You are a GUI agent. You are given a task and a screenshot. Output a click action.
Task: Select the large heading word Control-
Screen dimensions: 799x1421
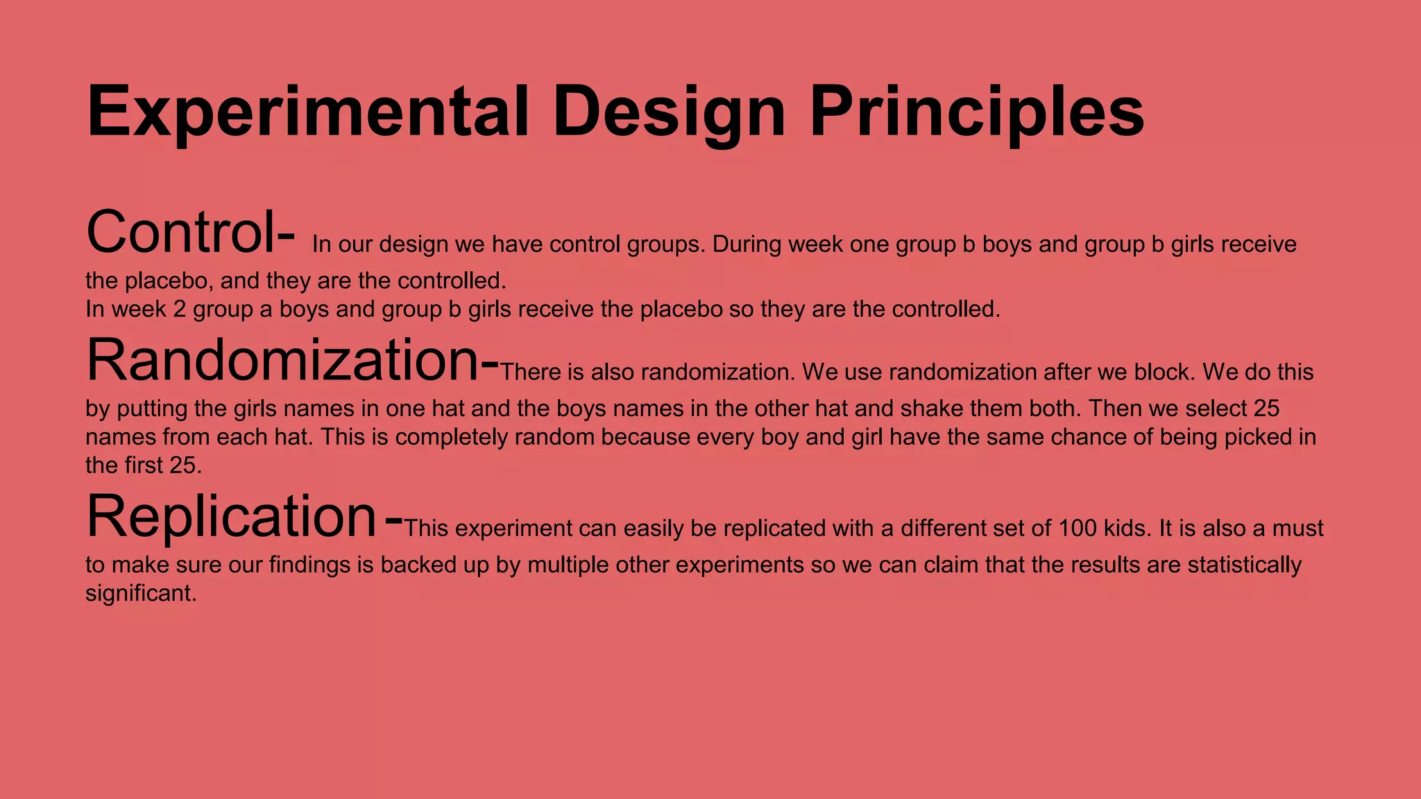[x=191, y=233]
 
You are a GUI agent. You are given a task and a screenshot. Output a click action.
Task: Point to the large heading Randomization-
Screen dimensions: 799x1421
[x=292, y=361]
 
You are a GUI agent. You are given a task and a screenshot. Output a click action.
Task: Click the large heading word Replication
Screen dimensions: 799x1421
[x=232, y=517]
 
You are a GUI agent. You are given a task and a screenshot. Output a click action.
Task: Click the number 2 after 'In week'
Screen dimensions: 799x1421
[x=179, y=309]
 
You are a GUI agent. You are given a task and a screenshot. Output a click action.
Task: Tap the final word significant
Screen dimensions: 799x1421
[x=141, y=594]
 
